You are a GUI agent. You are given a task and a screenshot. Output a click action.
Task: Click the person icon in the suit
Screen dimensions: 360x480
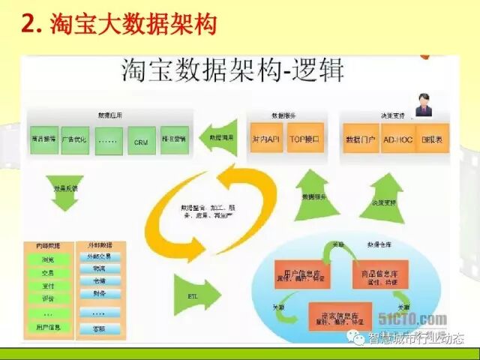[424, 104]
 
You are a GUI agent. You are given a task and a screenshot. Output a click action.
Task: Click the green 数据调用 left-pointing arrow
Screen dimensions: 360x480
[222, 137]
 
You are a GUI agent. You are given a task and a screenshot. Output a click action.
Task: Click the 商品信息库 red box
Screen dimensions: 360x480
[379, 274]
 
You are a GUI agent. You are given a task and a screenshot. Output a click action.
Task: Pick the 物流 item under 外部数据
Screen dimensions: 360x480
[100, 268]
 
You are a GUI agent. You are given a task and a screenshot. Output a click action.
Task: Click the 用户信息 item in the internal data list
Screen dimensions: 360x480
[48, 327]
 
